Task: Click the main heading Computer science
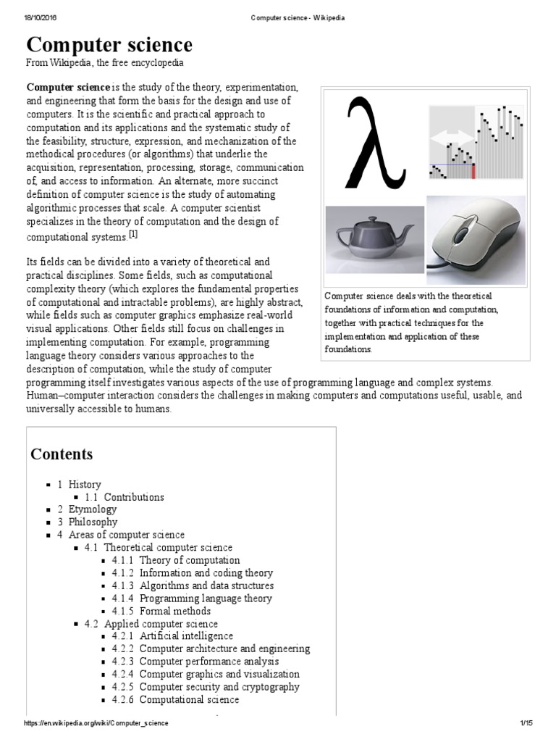110,46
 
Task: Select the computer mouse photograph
475,240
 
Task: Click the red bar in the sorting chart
473,170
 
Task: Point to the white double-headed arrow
451,136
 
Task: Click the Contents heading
62,454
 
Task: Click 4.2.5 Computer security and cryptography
206,687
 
